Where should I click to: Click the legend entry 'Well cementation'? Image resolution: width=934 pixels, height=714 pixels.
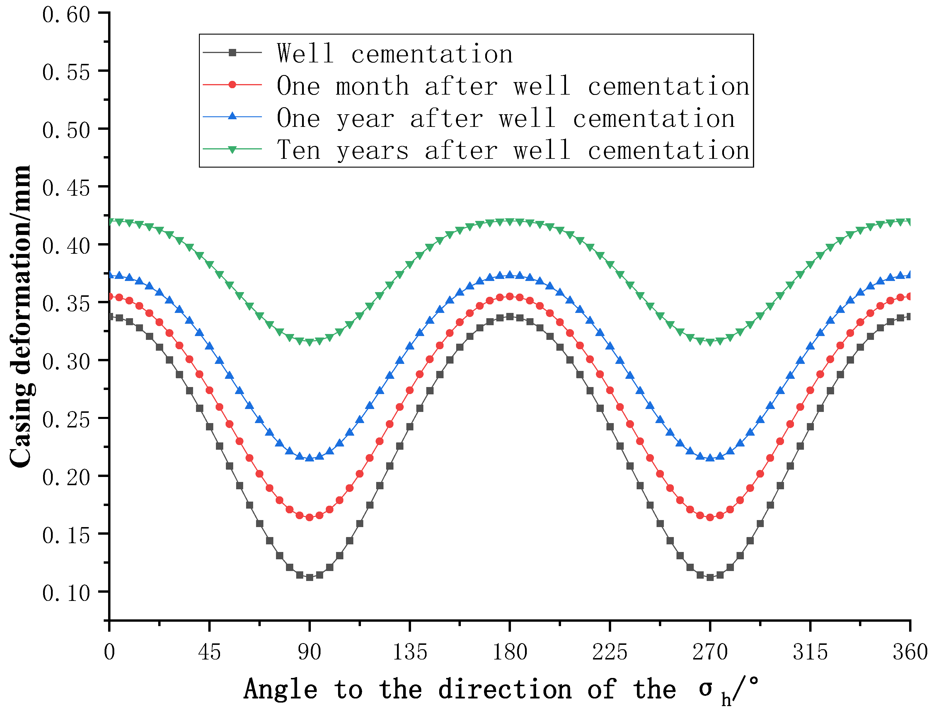click(x=394, y=54)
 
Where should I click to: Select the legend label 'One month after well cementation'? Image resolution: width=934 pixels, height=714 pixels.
click(x=513, y=86)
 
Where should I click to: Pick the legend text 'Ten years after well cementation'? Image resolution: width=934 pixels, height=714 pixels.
click(x=513, y=151)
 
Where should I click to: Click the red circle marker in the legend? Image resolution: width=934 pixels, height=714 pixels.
click(x=232, y=85)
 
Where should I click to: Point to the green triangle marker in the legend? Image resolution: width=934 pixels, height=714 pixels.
click(x=232, y=149)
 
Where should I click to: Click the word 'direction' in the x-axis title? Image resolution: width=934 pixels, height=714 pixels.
click(x=505, y=689)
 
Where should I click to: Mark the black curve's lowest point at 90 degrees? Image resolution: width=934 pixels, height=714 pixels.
click(x=309, y=577)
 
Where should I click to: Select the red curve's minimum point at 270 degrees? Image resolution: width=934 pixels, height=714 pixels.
click(x=710, y=517)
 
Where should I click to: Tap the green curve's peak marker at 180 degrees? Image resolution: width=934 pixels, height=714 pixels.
click(x=509, y=222)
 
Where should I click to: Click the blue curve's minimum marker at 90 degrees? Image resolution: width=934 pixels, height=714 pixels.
click(x=309, y=458)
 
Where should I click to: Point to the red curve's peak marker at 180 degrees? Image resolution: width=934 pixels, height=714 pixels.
click(x=509, y=296)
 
